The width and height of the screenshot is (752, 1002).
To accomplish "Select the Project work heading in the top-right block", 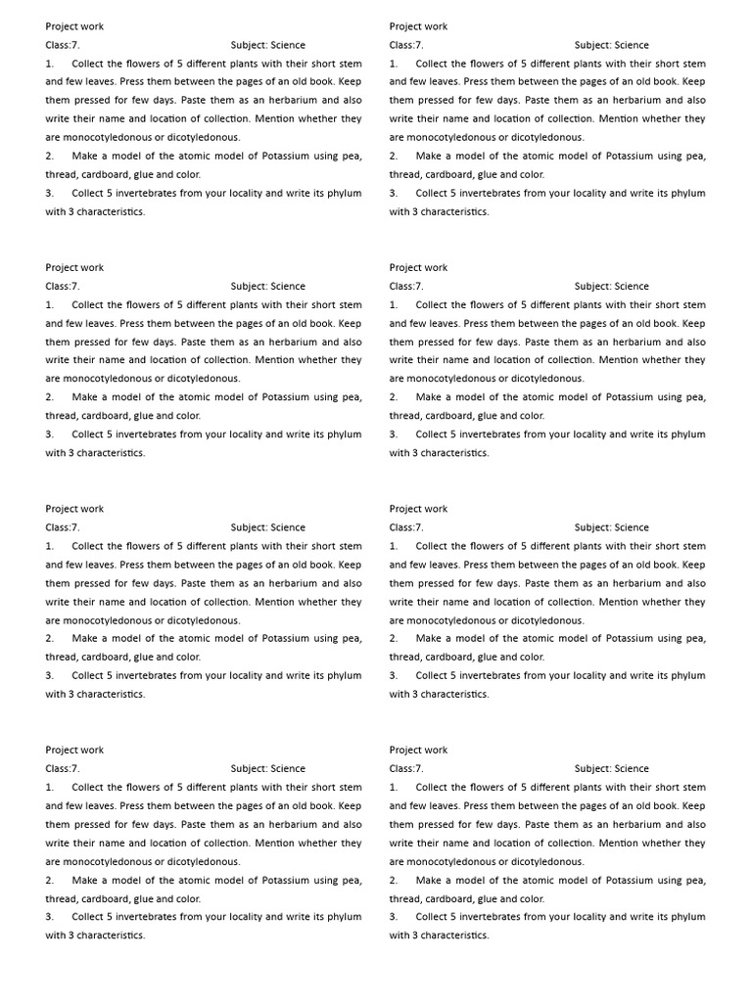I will click(x=418, y=26).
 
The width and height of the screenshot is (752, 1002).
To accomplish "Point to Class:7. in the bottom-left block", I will click(x=63, y=769).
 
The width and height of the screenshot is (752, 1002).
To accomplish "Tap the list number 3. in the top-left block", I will click(x=50, y=194).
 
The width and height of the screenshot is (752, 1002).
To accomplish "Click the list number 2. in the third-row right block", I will click(x=394, y=639).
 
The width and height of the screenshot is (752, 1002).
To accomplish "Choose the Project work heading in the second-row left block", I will click(x=74, y=268).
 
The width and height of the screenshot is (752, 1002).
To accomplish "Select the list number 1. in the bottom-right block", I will click(x=394, y=788).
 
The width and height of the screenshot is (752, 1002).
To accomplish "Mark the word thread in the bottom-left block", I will click(x=61, y=899).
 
